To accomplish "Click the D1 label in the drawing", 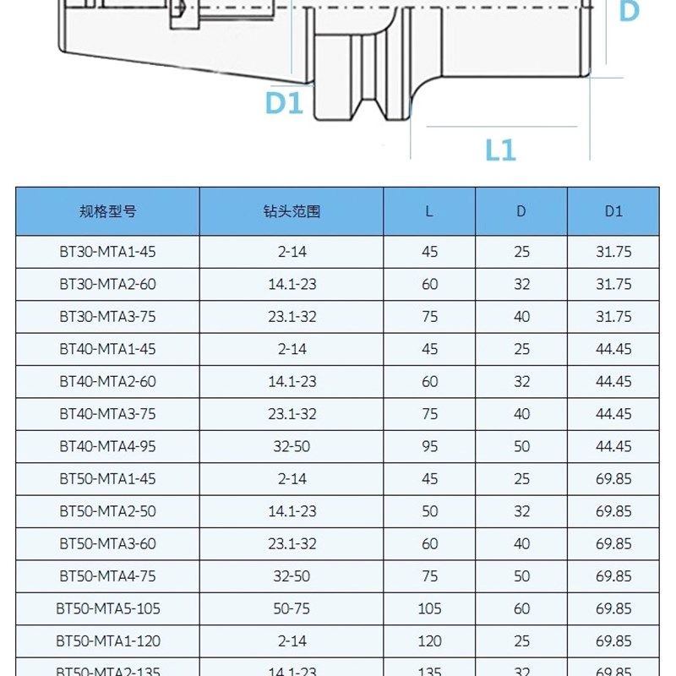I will tap(283, 103).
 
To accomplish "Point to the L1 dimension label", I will tap(500, 150).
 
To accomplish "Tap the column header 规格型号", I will tap(107, 211).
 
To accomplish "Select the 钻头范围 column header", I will tap(292, 211).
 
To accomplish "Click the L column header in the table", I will tap(429, 211).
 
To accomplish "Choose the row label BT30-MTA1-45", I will tap(107, 252).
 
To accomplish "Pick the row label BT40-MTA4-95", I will tap(107, 446).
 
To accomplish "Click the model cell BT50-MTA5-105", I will tap(107, 608).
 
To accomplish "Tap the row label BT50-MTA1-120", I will tap(107, 641).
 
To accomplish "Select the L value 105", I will tap(429, 608).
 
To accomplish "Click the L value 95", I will tap(429, 446).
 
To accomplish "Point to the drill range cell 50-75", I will tap(292, 608).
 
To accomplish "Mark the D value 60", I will tap(521, 608).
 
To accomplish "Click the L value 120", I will tap(429, 641).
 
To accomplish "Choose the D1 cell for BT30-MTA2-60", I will tap(613, 284).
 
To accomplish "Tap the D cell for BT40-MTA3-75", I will tap(521, 414).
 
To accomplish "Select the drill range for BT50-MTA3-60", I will tap(292, 543).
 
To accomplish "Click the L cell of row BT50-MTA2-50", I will tap(429, 511).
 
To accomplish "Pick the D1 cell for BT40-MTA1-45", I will tap(613, 349).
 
